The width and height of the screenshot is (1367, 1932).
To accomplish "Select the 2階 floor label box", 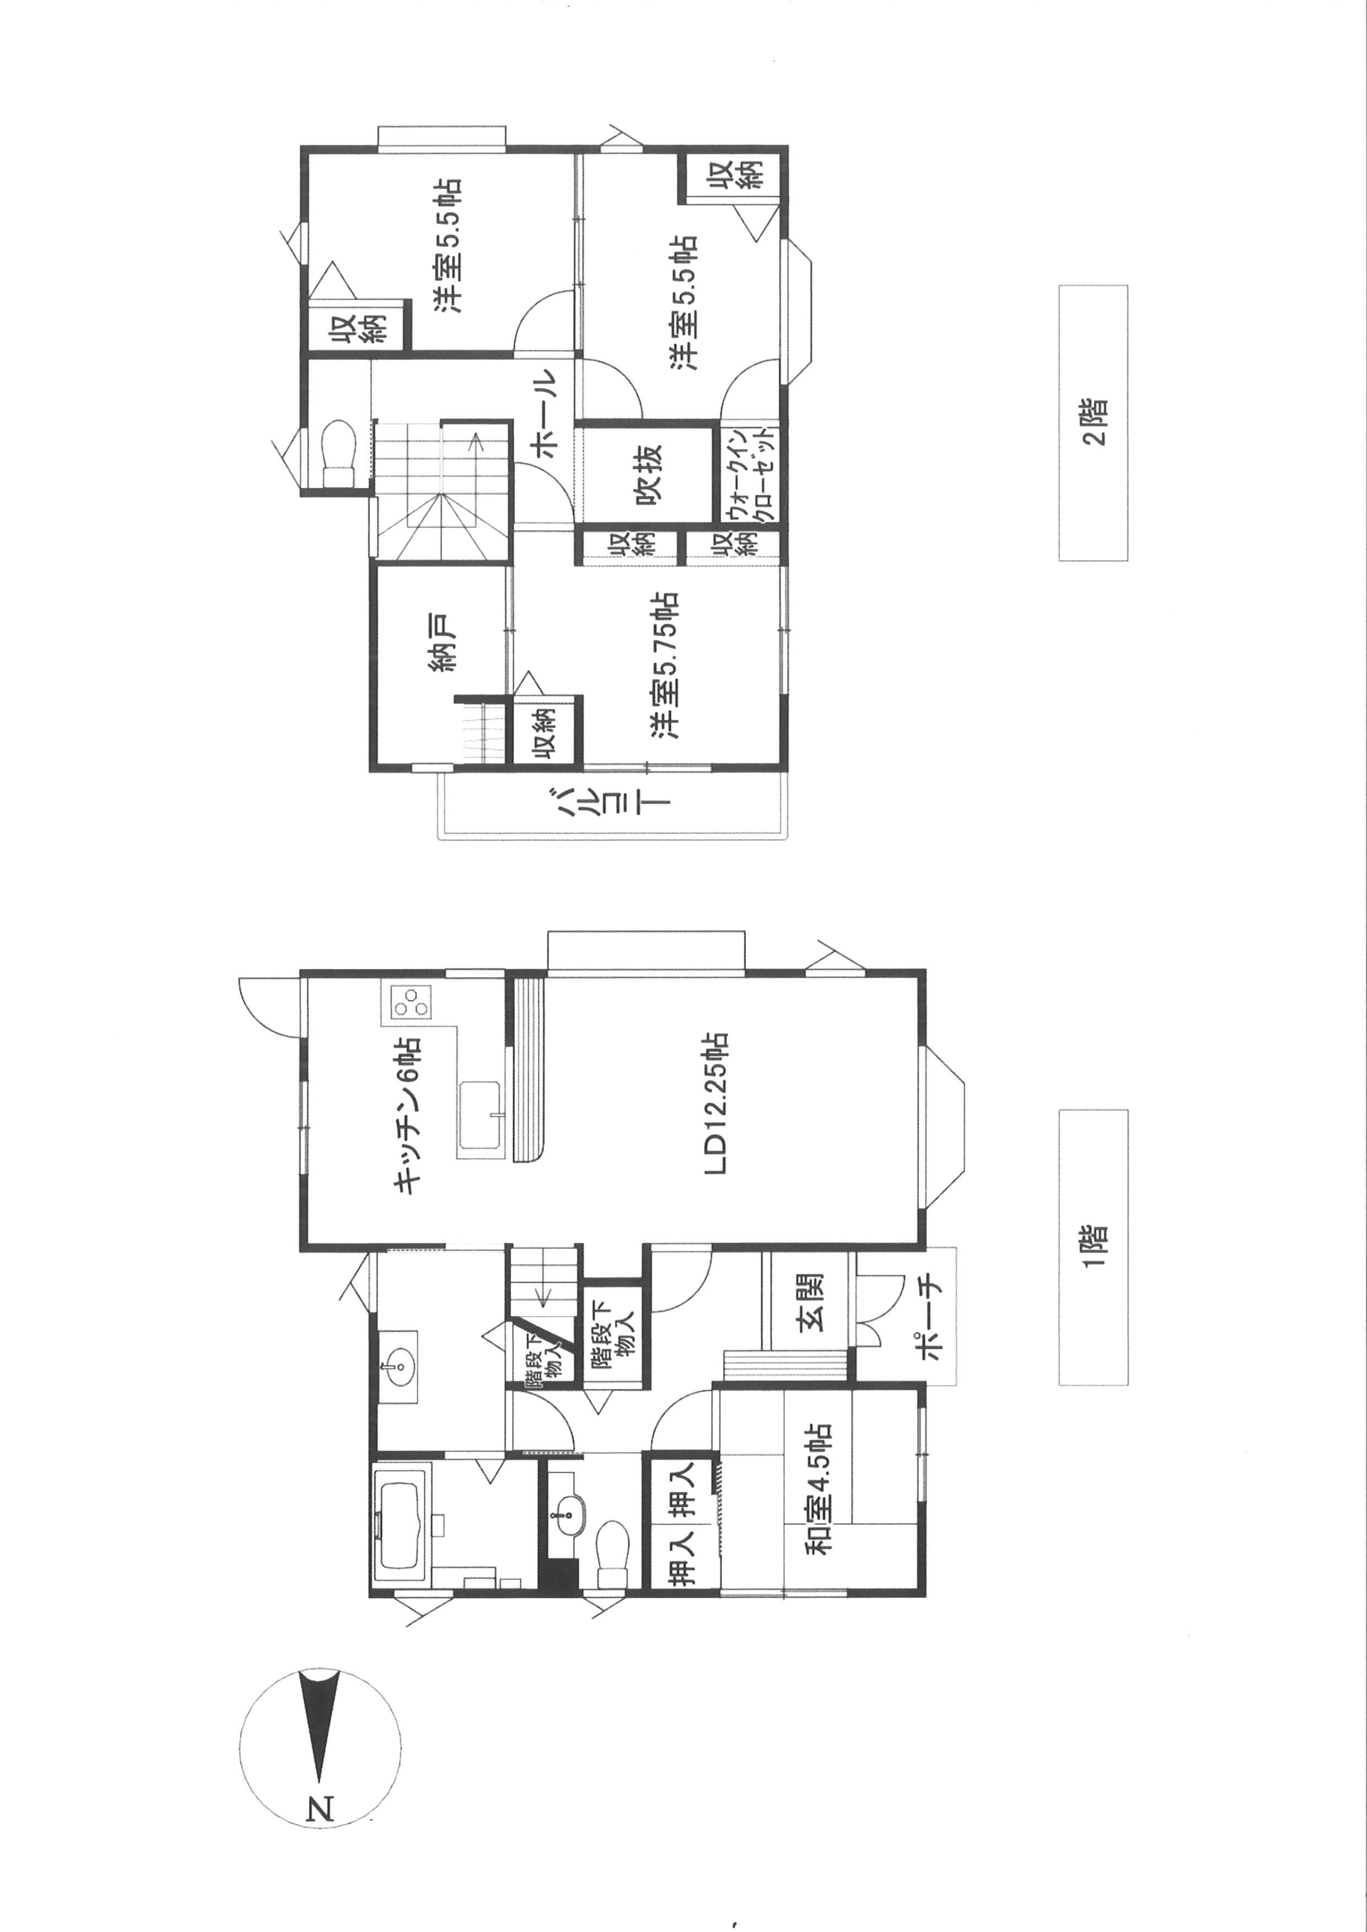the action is tap(1092, 423).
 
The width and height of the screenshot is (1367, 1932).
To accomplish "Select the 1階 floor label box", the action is tap(1092, 1247).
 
